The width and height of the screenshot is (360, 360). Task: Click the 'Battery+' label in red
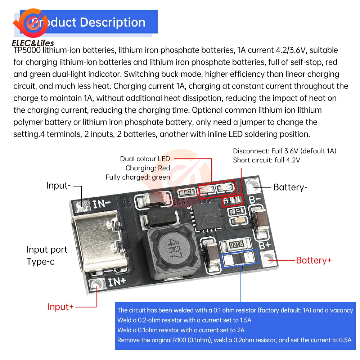[314, 260]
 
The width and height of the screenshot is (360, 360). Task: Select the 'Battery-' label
[290, 187]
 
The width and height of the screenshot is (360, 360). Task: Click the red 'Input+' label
[60, 307]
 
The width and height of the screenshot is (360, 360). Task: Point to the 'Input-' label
[58, 186]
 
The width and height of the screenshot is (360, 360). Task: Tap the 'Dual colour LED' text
[145, 159]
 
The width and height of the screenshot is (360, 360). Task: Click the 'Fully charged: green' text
[138, 177]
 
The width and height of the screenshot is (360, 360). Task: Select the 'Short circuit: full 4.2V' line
[266, 160]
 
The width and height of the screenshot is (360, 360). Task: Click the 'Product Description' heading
[88, 22]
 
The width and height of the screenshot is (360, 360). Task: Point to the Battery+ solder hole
[268, 258]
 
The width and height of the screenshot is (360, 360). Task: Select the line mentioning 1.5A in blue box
[184, 320]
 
